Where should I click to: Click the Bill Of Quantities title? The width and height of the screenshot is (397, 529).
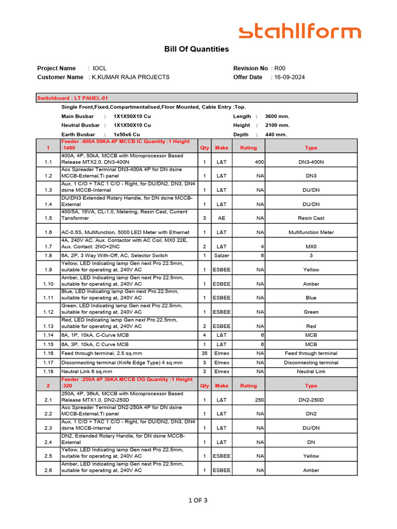click(196, 50)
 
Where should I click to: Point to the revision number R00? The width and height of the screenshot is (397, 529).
click(280, 68)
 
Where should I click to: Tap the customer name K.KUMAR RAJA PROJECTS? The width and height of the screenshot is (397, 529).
click(130, 77)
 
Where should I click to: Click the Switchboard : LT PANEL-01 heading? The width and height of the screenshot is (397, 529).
click(72, 98)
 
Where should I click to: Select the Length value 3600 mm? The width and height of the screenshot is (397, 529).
click(278, 116)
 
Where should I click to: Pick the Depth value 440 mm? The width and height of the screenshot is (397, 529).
click(276, 134)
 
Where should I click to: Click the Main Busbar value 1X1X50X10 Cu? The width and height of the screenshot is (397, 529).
click(132, 116)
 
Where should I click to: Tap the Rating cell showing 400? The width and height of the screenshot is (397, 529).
click(259, 162)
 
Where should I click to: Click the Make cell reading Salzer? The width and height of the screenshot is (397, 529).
click(221, 256)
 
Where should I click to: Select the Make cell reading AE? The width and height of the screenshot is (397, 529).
click(221, 219)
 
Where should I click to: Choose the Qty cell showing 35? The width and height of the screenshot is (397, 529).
click(204, 353)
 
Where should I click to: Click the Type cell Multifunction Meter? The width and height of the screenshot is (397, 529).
click(311, 232)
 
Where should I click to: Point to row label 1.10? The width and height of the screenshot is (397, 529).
click(48, 284)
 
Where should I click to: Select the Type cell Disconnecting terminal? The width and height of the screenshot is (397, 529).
click(311, 363)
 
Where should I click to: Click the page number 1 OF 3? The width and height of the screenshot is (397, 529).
click(198, 500)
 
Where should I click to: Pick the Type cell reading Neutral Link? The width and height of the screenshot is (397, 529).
click(311, 371)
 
